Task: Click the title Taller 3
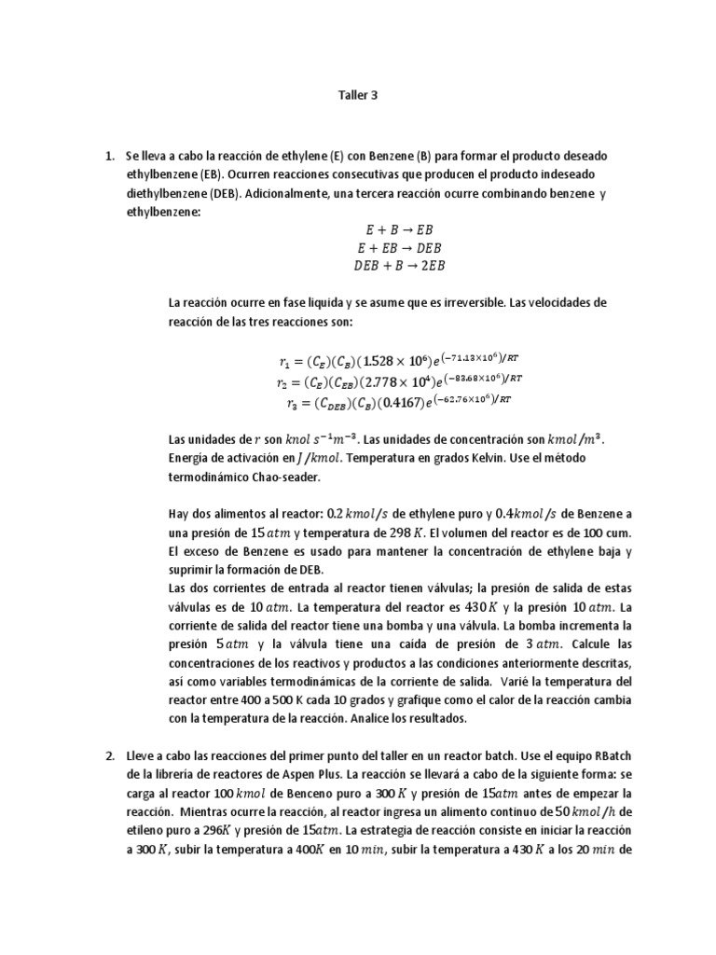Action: (356, 94)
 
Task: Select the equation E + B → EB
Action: (395, 229)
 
